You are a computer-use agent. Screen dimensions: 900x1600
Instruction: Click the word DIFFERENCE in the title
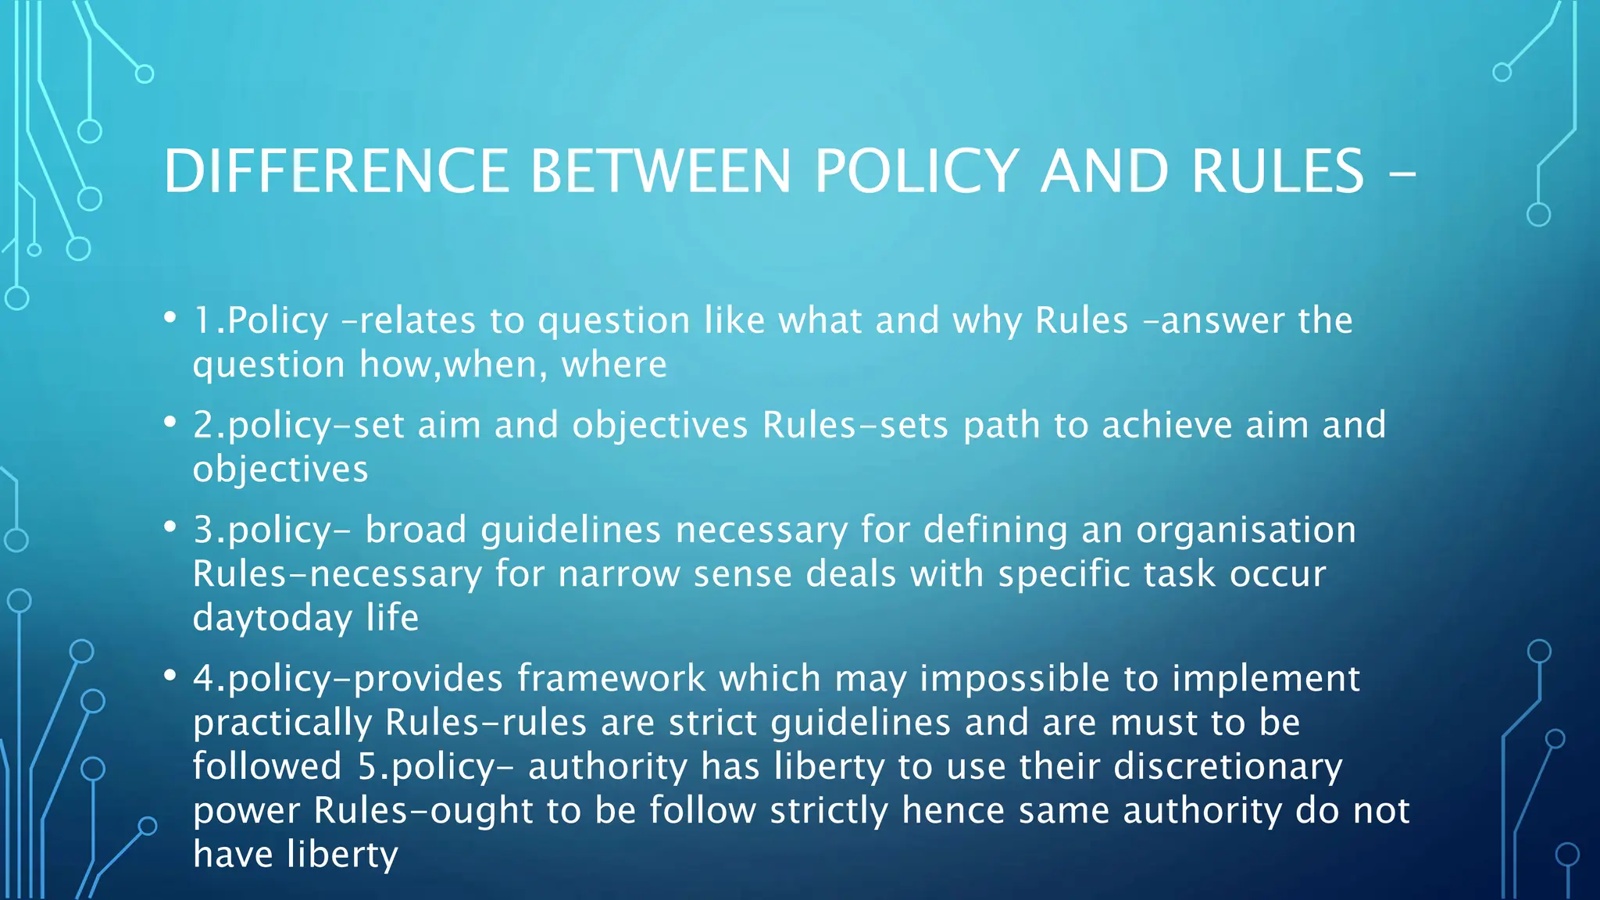(x=336, y=171)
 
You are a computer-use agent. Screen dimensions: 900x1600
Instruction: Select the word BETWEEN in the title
(x=661, y=171)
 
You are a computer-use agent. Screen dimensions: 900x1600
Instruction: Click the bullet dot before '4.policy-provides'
(x=170, y=675)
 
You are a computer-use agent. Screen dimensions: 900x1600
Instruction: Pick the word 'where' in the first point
(x=614, y=365)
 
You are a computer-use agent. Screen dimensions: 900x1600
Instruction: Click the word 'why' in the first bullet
(x=987, y=321)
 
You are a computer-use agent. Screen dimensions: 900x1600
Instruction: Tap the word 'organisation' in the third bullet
(x=1245, y=530)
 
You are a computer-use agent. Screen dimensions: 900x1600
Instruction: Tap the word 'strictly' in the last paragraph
(x=829, y=811)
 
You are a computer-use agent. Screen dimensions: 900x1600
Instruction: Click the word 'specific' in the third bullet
(x=1064, y=575)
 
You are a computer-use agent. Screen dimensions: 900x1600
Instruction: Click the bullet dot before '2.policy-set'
(x=170, y=422)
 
